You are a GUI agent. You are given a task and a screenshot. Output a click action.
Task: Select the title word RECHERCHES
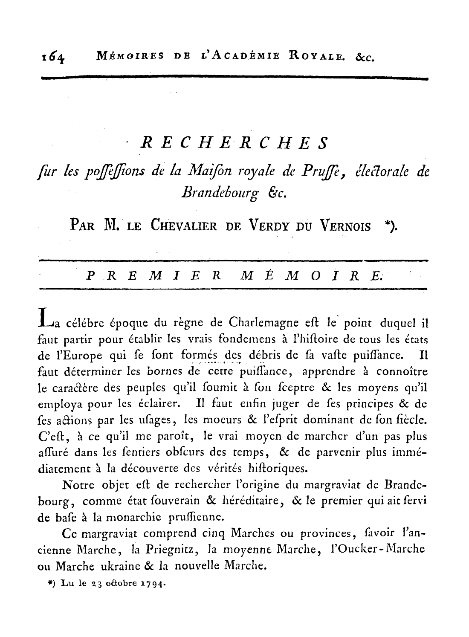[x=234, y=143]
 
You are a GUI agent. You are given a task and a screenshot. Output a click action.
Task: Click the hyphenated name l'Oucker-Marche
[x=379, y=550]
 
